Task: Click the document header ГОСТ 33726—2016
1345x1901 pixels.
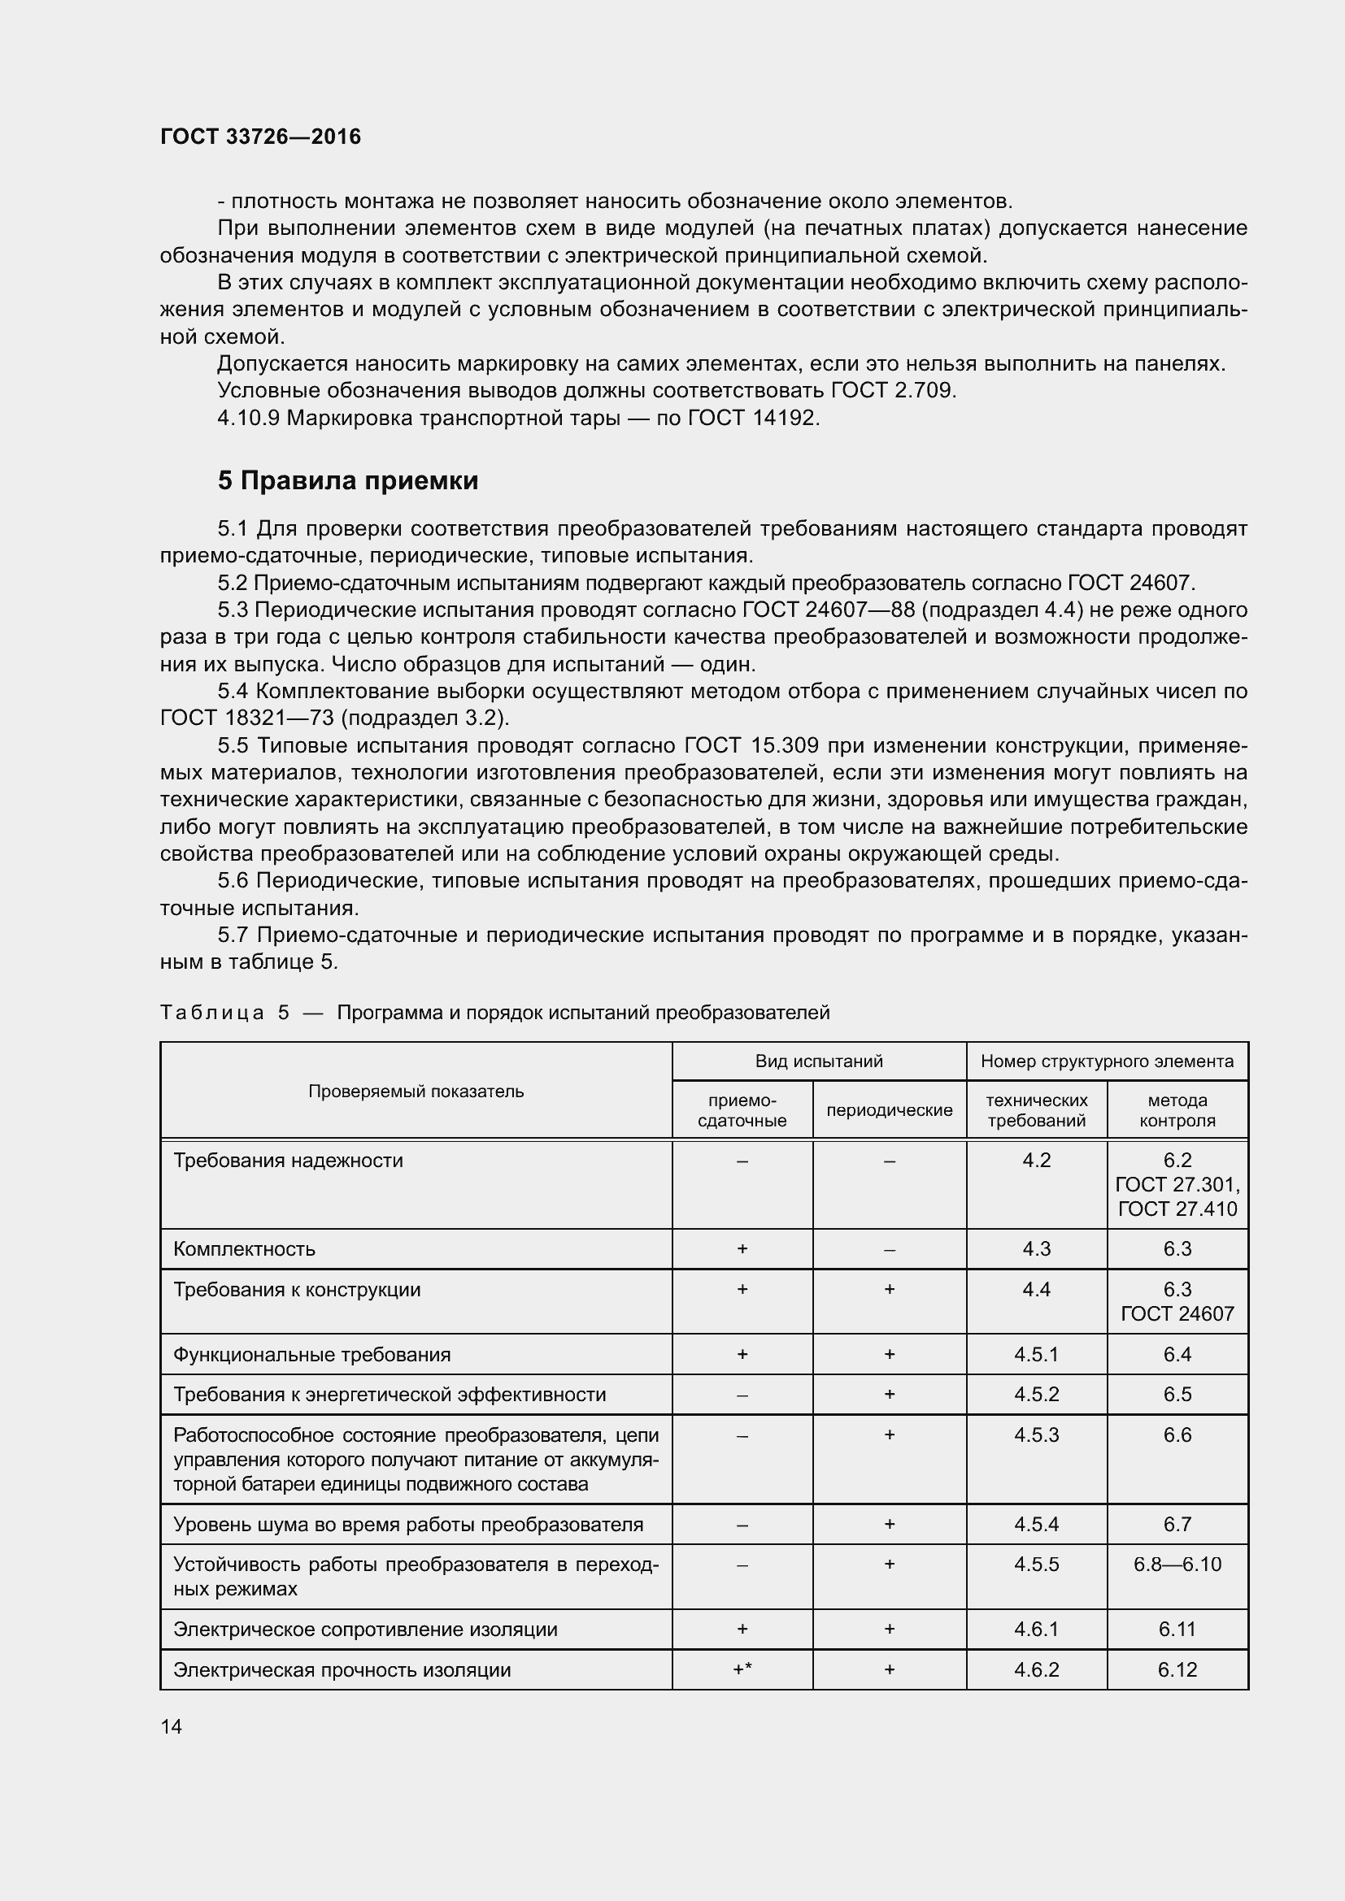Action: (260, 137)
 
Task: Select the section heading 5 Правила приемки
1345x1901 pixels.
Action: (348, 481)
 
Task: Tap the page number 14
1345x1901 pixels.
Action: (172, 1726)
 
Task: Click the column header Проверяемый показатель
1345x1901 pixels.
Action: (416, 1092)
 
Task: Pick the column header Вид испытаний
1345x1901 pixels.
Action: (818, 1061)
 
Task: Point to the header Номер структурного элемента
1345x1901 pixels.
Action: (1107, 1061)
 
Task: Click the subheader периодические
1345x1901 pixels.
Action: (889, 1110)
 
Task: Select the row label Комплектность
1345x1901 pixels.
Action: (244, 1248)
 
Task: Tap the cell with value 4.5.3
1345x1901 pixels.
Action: (1036, 1434)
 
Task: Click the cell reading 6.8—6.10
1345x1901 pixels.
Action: (1177, 1564)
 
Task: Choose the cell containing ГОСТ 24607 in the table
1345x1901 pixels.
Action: (1177, 1314)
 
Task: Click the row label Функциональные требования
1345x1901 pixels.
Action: (312, 1355)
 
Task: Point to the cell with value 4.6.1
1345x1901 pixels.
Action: (1036, 1630)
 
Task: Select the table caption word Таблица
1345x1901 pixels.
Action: (212, 1013)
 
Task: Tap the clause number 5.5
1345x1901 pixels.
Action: (233, 746)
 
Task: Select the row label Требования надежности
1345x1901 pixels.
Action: (288, 1161)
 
